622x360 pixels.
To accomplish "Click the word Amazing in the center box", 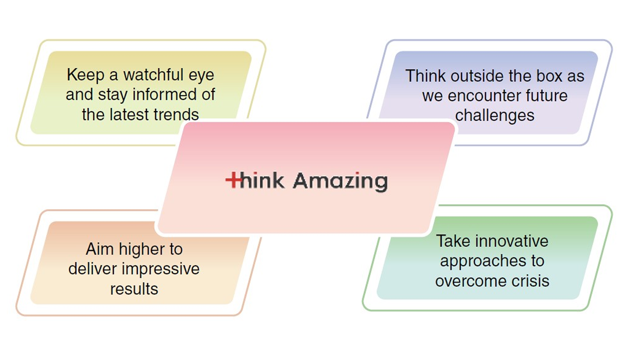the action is tap(340, 182).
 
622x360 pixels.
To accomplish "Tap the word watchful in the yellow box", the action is tap(154, 75).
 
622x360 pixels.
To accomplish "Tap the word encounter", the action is tap(484, 96).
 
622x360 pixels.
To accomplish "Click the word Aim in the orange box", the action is tap(100, 249).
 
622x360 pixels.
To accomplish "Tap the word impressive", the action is tap(161, 269).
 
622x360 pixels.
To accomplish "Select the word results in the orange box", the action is tap(134, 289).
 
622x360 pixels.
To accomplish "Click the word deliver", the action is tap(92, 269).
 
